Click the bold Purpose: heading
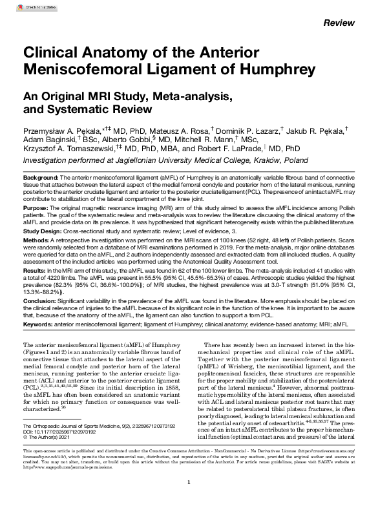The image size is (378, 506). tap(37, 209)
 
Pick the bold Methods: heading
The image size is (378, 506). tap(37, 239)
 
